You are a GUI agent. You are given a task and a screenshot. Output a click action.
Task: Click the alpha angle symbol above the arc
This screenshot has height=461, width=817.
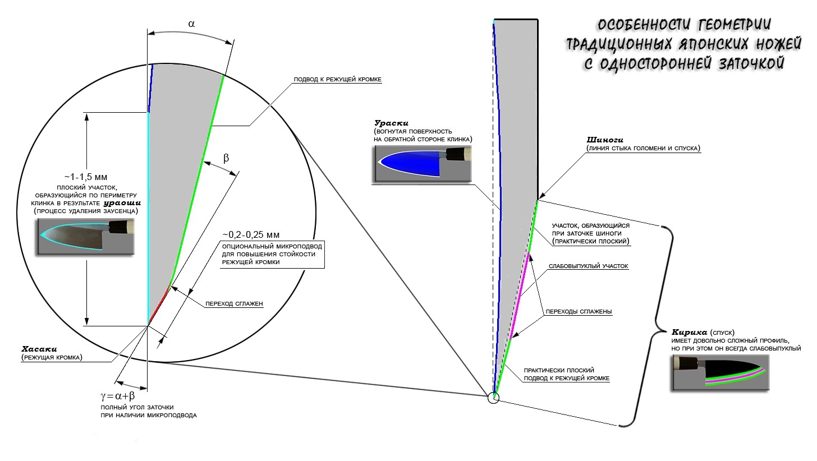tap(191, 24)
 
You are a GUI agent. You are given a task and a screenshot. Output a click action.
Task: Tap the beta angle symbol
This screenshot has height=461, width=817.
tap(226, 158)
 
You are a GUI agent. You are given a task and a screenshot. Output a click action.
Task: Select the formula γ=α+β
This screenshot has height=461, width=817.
tap(118, 396)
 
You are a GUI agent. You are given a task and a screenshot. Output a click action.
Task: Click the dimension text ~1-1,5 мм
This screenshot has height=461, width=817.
tap(86, 177)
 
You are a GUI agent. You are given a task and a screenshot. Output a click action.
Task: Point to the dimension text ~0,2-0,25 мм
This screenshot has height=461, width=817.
tap(251, 234)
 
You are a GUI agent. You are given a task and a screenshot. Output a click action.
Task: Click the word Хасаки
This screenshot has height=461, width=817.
tap(39, 349)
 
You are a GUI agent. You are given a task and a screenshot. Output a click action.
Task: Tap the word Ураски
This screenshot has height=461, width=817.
tap(391, 123)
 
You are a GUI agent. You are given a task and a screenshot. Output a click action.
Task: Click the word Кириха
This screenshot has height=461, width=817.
tap(689, 333)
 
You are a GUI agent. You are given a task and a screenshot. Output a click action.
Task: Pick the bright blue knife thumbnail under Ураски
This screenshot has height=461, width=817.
tap(422, 164)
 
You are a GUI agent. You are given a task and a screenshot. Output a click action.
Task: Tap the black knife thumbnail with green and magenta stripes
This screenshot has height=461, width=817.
tap(720, 373)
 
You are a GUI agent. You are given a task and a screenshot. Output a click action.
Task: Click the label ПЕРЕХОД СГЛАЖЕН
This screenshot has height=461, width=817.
tap(234, 303)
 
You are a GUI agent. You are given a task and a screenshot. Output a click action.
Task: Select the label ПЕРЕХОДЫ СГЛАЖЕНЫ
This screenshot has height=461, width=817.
tap(579, 312)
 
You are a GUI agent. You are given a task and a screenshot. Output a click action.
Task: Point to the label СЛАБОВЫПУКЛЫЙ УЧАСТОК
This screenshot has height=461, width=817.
tap(588, 266)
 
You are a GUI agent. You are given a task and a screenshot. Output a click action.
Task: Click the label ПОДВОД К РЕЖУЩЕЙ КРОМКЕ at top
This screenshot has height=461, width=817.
tap(337, 80)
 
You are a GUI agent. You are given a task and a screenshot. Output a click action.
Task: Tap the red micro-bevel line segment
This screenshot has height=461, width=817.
tap(159, 306)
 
